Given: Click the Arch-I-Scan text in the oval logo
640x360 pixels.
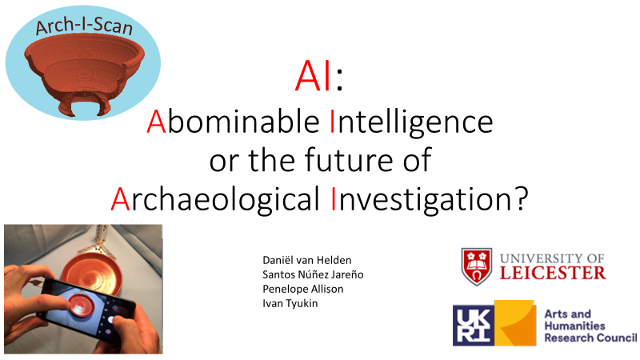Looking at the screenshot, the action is (84, 26).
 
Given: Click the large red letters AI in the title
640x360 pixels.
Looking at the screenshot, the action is (313, 76).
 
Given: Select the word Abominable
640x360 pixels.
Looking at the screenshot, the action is (233, 122).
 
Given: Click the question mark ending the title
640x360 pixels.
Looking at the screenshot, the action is (521, 198).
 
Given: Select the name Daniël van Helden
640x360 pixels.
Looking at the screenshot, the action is (307, 260).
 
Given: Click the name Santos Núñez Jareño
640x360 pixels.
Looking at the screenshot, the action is (313, 274).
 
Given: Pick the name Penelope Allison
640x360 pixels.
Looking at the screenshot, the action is (303, 289).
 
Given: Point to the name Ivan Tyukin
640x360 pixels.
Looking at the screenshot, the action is (290, 303).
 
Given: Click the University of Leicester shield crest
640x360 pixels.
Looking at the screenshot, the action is (476, 266).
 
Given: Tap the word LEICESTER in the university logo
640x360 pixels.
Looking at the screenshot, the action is (553, 273).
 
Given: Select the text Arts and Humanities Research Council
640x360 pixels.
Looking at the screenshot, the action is (590, 326).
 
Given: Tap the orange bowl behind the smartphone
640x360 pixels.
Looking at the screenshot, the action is (92, 270).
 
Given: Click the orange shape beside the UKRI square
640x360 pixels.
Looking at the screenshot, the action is (515, 323).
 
